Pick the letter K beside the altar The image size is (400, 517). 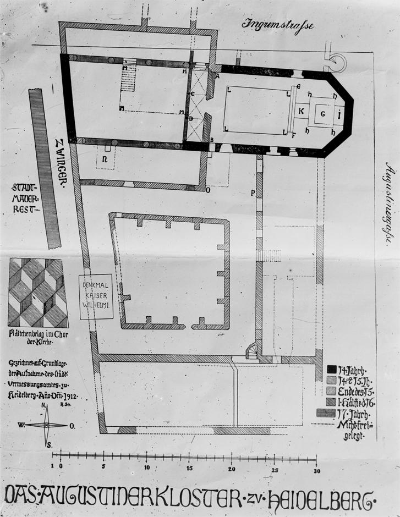[301, 111]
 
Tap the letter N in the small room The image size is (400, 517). [103, 159]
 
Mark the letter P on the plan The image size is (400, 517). [253, 193]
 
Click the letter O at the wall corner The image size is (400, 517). [207, 190]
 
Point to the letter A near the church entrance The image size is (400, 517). [218, 76]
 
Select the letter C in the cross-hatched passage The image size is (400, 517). [192, 94]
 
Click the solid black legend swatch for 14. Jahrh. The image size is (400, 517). [332, 369]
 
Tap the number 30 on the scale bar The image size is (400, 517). [317, 471]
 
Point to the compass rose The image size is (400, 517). [47, 425]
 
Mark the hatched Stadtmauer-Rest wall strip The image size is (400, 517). [46, 168]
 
